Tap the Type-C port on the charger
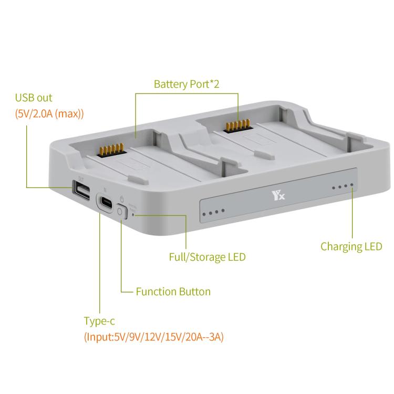pos(107,202)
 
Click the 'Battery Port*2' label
pos(186,84)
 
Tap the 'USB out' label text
pos(34,98)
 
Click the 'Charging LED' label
pos(351,246)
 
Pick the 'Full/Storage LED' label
pos(207,257)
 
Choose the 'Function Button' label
pos(173,291)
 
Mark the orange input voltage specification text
pos(153,337)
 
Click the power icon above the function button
pos(122,199)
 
